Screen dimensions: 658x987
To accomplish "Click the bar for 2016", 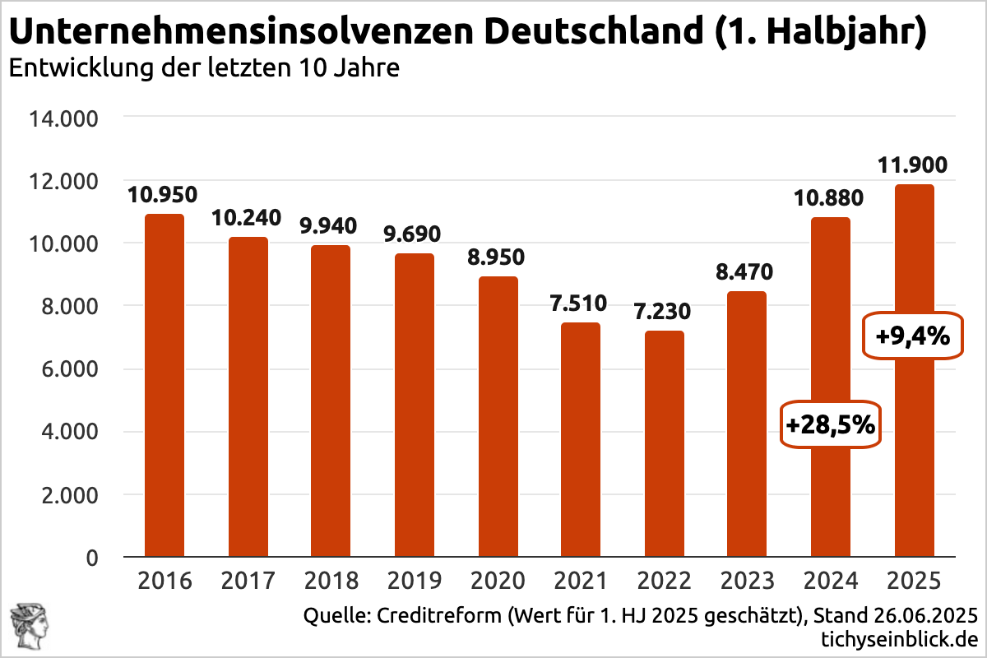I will [164, 387].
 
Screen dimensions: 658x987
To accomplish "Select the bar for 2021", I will [581, 440].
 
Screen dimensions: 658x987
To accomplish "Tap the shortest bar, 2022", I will [664, 444].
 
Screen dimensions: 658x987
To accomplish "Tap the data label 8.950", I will [498, 257].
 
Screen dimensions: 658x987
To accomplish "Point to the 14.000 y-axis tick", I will [63, 118].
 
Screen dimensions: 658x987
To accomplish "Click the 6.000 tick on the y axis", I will [68, 369].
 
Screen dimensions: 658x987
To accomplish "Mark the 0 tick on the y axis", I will [92, 558].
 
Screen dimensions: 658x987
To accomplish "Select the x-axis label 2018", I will [331, 582].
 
